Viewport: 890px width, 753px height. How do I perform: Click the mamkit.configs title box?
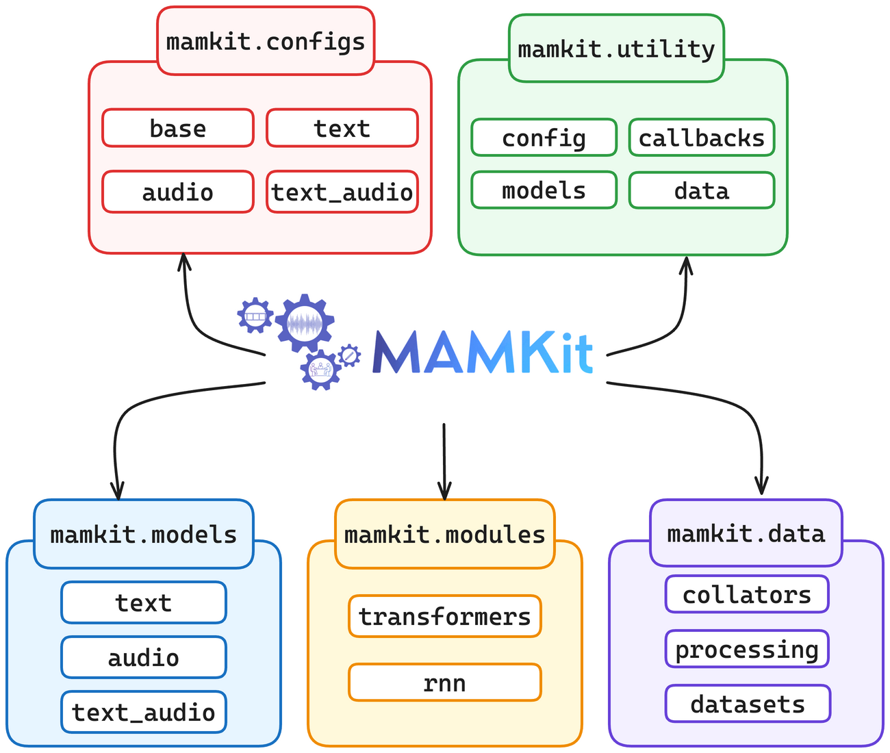coord(266,41)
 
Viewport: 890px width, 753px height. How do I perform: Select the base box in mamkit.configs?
coord(178,128)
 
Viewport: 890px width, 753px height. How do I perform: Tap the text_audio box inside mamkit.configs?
coord(342,192)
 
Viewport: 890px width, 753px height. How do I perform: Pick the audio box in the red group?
coord(178,192)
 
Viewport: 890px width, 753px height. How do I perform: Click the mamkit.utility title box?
coord(616,49)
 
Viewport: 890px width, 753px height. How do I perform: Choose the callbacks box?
coord(702,138)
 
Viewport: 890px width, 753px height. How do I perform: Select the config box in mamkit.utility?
coord(544,138)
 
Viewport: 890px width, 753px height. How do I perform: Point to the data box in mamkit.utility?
coord(702,190)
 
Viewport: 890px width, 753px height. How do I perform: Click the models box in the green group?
coord(544,190)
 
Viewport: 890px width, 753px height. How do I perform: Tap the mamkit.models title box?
coord(144,534)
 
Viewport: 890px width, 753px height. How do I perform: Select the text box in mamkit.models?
coord(144,602)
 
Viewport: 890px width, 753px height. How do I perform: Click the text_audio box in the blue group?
coord(144,712)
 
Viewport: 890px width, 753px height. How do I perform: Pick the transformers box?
coord(445,616)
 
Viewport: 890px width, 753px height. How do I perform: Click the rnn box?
coord(445,682)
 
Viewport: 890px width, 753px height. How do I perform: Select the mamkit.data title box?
coord(746,533)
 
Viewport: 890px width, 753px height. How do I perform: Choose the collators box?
coord(747,594)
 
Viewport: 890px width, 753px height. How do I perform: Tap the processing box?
coord(747,649)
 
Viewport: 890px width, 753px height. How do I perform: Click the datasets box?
coord(748,704)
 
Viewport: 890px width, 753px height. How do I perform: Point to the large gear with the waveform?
coord(305,323)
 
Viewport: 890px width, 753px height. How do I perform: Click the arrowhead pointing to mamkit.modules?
coord(445,492)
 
